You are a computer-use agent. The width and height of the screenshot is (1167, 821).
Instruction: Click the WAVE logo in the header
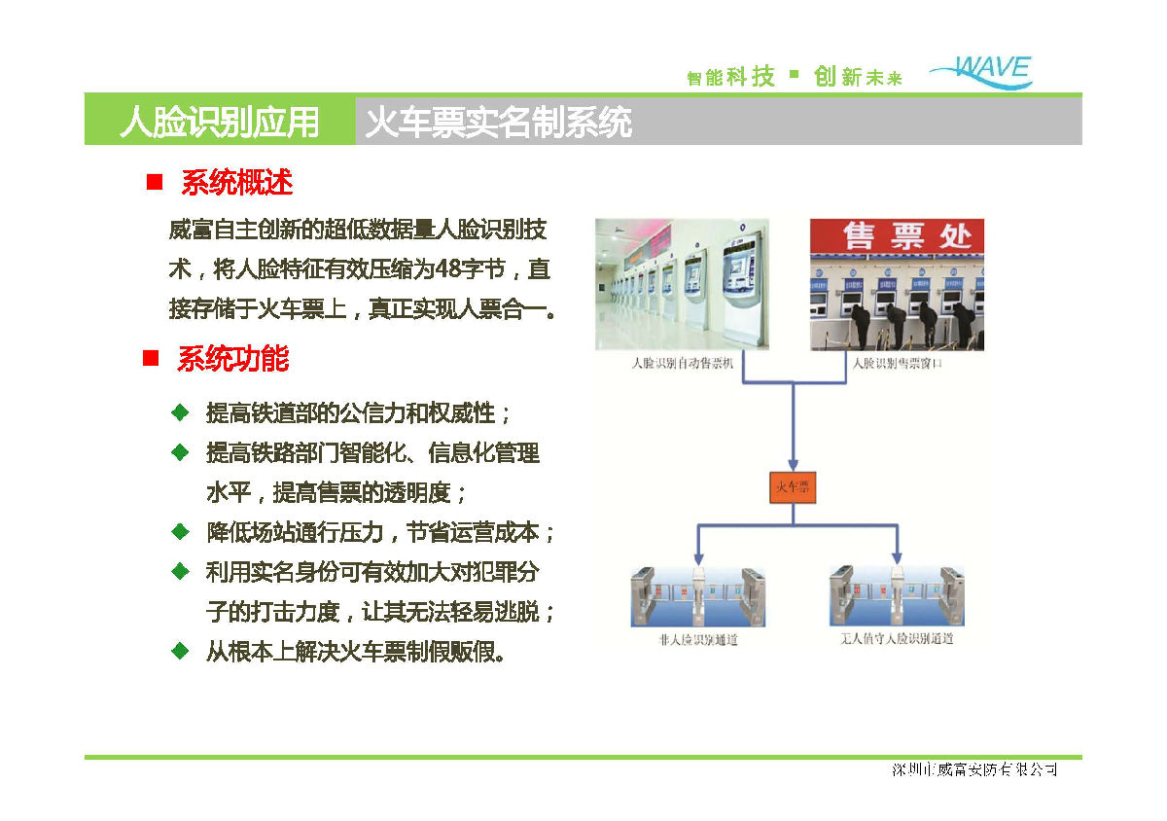click(x=982, y=72)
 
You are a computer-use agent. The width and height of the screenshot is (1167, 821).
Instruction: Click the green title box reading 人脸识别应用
click(x=220, y=122)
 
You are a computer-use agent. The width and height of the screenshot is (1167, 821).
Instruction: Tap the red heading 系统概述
click(x=236, y=182)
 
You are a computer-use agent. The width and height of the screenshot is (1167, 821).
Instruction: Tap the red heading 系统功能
click(x=233, y=359)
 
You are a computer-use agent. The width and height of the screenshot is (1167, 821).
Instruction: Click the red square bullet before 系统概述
click(x=153, y=182)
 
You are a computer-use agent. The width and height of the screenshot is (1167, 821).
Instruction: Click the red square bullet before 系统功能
click(x=151, y=359)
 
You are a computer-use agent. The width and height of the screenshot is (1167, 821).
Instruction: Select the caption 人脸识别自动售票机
click(x=682, y=364)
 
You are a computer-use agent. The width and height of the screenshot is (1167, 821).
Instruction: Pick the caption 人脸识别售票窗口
click(x=897, y=364)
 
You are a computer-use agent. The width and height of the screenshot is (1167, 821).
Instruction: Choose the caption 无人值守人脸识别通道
click(x=897, y=639)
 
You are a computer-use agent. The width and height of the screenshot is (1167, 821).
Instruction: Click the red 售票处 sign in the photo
click(x=897, y=236)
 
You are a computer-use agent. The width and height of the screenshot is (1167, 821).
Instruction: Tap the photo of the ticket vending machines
click(x=682, y=284)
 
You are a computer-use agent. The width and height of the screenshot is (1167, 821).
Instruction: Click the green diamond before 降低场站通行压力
click(x=179, y=532)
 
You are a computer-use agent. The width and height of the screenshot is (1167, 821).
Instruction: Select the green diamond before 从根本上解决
click(x=179, y=650)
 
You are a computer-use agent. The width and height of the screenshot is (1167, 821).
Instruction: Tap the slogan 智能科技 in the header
click(x=730, y=77)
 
